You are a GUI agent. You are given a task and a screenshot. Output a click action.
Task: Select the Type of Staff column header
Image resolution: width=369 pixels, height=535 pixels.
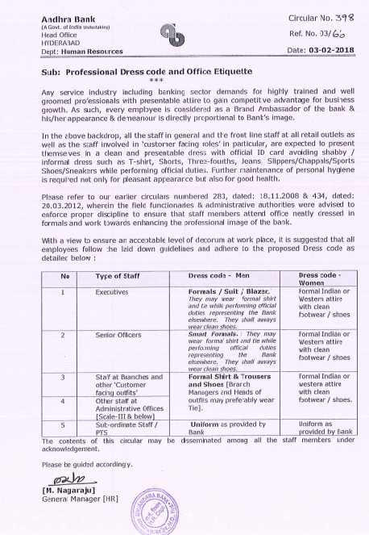click(x=118, y=277)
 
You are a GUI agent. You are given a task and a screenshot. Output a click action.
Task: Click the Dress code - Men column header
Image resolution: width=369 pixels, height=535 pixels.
click(x=214, y=277)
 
